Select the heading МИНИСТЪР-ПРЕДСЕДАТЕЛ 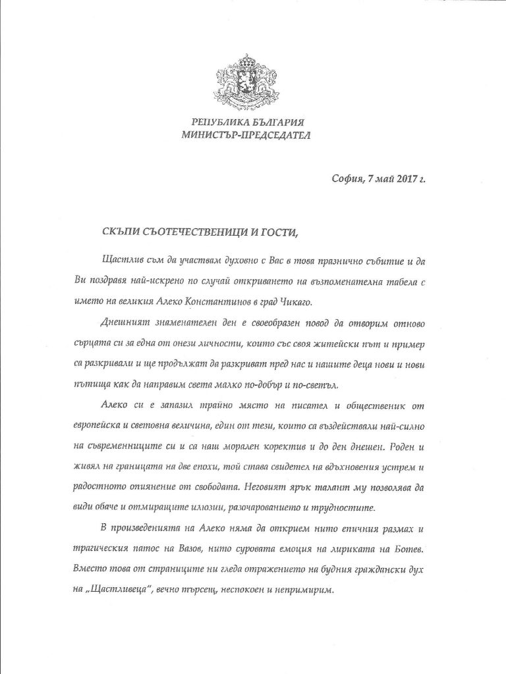tap(253, 136)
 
